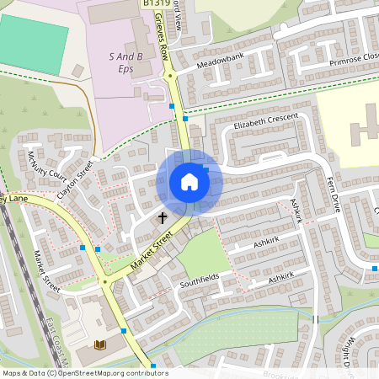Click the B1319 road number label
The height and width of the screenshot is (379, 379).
pos(153,4)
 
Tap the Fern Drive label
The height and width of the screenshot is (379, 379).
pos(335,195)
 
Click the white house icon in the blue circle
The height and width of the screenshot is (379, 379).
pos(189,181)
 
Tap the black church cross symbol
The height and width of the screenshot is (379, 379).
pos(163,218)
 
